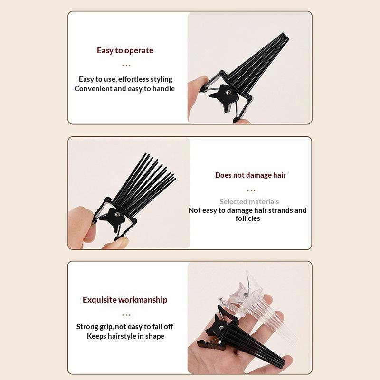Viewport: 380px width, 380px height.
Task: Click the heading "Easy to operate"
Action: (x=125, y=50)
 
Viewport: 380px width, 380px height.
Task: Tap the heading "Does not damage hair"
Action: (x=250, y=175)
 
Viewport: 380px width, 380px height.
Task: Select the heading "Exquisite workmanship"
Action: (x=125, y=300)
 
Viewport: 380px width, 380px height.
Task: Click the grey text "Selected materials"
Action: (x=249, y=201)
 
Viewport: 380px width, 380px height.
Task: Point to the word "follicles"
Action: (x=247, y=218)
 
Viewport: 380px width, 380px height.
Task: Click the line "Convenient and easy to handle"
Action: (x=124, y=89)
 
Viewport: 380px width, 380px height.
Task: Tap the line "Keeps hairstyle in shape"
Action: (x=125, y=336)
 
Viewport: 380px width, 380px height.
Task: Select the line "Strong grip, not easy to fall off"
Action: (x=124, y=327)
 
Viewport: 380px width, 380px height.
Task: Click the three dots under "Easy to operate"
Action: (x=126, y=66)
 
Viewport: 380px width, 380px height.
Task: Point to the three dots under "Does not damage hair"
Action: (x=251, y=190)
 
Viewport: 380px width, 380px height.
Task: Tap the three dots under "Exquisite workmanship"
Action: (x=126, y=315)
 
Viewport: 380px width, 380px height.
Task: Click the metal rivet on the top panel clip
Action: (x=228, y=92)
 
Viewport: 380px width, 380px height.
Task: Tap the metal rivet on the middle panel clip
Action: (x=117, y=214)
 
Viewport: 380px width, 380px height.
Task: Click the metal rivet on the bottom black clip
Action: (x=221, y=328)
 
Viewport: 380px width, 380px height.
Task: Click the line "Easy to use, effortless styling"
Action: (x=125, y=79)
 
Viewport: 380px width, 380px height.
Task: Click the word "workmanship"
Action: (x=143, y=300)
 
